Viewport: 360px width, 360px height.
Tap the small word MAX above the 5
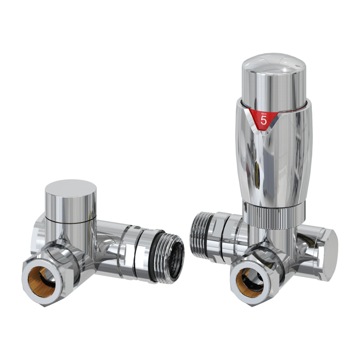pyautogui.click(x=264, y=114)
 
